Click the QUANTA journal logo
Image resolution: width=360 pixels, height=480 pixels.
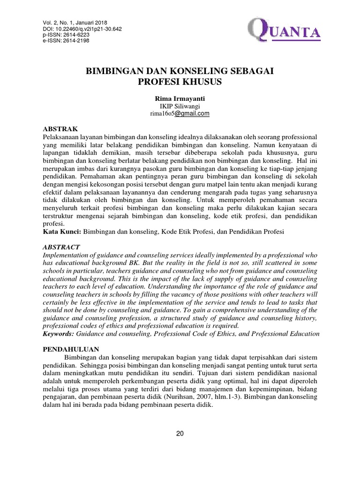tap(281, 32)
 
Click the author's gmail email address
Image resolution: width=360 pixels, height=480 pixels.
tap(180, 113)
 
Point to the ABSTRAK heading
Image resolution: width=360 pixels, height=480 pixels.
tap(60, 128)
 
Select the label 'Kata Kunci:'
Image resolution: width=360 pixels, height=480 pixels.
tap(62, 232)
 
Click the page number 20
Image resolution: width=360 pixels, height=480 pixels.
tap(180, 434)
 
